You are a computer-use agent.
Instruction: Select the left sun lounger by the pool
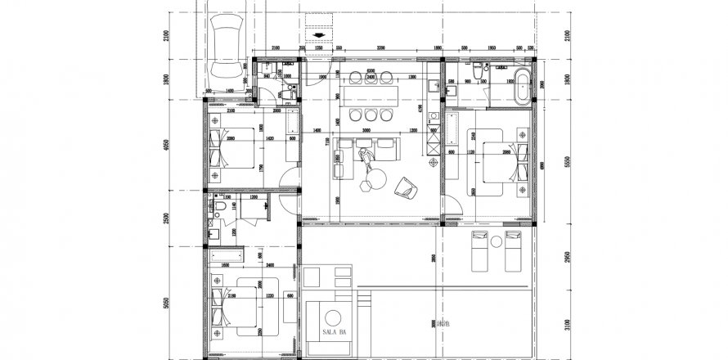480,250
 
